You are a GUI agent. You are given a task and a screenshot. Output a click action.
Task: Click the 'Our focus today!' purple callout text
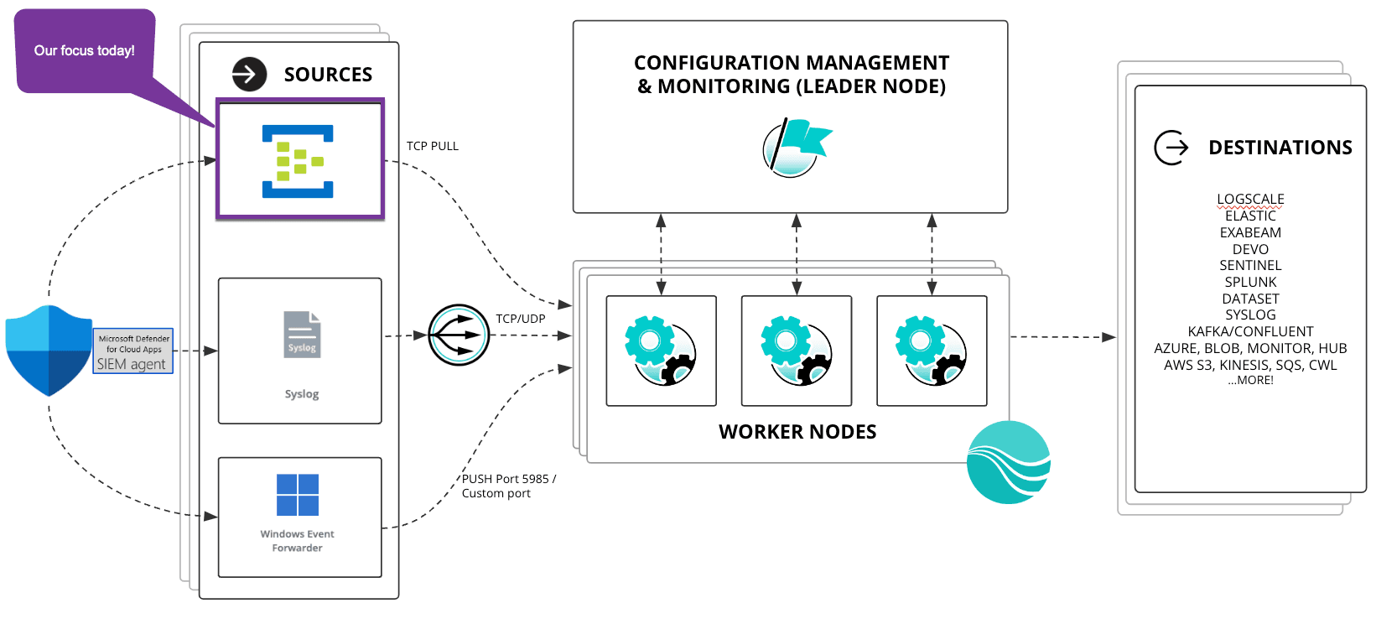pos(84,50)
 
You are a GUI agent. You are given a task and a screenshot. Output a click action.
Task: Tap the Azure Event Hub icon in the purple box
pos(298,161)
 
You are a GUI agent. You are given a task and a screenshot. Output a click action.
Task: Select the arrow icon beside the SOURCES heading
pos(249,74)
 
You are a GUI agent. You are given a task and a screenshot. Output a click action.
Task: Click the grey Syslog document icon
pos(302,335)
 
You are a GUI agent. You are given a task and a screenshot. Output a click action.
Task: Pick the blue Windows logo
pos(298,495)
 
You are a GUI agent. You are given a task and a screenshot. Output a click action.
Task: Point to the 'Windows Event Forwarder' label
pos(297,541)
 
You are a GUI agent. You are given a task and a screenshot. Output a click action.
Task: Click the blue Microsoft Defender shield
pos(49,351)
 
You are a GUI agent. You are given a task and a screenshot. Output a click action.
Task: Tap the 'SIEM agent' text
pos(132,364)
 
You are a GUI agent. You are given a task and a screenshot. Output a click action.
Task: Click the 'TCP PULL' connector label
pos(433,146)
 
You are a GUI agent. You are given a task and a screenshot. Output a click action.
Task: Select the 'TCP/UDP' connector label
pos(520,319)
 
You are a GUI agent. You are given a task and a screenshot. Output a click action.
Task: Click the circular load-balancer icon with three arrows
pos(459,335)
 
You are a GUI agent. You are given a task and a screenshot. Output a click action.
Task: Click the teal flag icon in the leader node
pos(797,146)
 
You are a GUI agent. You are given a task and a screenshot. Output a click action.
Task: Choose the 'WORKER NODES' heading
pos(797,432)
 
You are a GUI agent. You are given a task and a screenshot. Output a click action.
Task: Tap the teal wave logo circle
pos(1009,462)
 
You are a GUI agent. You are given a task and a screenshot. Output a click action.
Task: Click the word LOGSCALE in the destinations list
pos(1250,199)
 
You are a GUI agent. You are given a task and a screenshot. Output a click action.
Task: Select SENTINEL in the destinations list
pos(1250,265)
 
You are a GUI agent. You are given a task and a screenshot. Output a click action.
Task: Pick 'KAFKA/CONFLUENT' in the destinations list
pos(1250,331)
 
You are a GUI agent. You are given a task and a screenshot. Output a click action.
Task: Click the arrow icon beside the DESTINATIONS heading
pos(1171,148)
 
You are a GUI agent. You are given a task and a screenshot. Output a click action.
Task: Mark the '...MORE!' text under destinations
pos(1250,380)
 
